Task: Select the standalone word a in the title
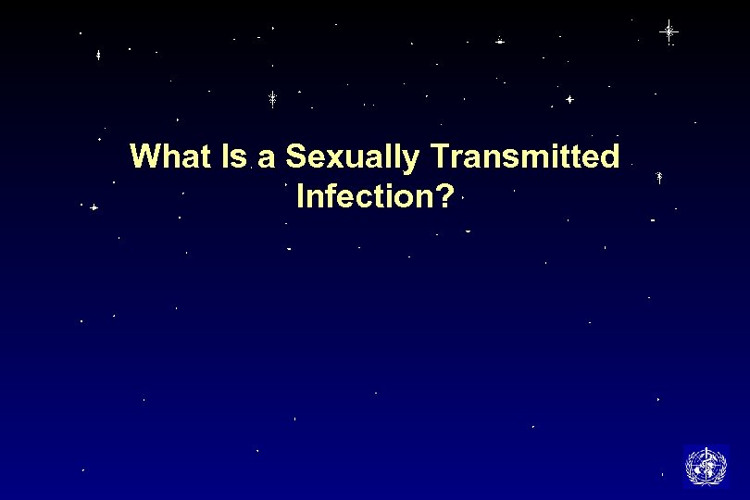click(x=267, y=158)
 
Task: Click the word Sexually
click(x=351, y=158)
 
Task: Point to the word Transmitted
click(x=522, y=156)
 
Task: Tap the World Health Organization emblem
click(x=706, y=465)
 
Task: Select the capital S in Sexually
click(x=295, y=156)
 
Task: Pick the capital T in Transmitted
click(x=435, y=156)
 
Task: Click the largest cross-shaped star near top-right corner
click(x=669, y=31)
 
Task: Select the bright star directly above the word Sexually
click(x=273, y=99)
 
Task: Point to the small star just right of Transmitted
click(x=658, y=175)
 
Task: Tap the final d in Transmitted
click(x=610, y=156)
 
